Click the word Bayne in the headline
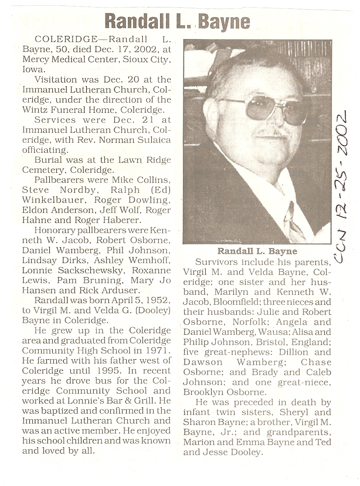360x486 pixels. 224,21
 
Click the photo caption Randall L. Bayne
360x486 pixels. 257,252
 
